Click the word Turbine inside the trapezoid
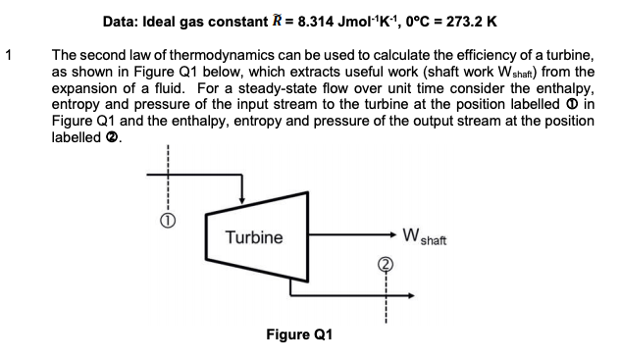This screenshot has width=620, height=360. click(253, 237)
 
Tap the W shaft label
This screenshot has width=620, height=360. click(424, 236)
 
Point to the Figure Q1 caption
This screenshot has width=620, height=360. click(299, 334)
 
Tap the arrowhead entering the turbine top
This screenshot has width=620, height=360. click(242, 198)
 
